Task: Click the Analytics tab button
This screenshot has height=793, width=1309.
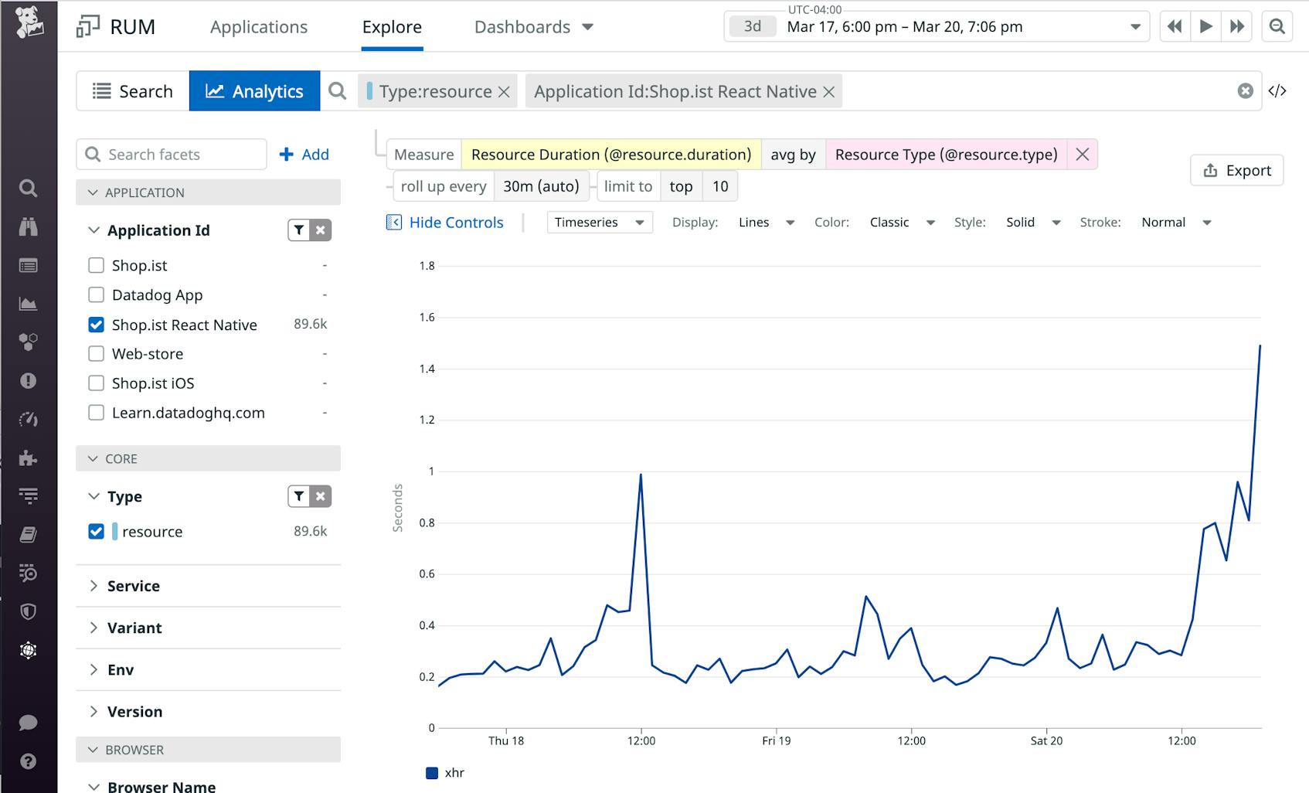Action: [x=254, y=91]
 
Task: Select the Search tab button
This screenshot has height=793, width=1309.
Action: [x=132, y=91]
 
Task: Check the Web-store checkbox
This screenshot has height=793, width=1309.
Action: [x=97, y=354]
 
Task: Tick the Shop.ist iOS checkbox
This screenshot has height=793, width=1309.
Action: [x=97, y=383]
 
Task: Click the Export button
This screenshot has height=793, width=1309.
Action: [x=1236, y=170]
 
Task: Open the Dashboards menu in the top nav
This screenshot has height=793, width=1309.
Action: [x=533, y=27]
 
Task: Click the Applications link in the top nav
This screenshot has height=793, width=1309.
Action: [x=258, y=27]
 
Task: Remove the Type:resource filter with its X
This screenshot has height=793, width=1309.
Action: [x=504, y=92]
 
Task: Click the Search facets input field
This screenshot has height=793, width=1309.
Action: [x=182, y=155]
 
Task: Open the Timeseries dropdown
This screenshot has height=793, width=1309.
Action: [x=599, y=223]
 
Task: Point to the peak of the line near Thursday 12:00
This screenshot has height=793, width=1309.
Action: [x=641, y=475]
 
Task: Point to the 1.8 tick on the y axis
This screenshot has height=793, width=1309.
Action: [x=427, y=266]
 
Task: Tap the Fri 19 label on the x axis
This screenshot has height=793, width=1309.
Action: [x=776, y=740]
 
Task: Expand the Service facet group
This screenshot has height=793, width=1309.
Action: [x=133, y=586]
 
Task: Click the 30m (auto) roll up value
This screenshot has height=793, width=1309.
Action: [x=541, y=186]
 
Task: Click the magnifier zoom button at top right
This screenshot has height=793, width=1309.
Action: [x=1277, y=27]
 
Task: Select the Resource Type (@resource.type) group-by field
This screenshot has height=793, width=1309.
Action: [x=946, y=155]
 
